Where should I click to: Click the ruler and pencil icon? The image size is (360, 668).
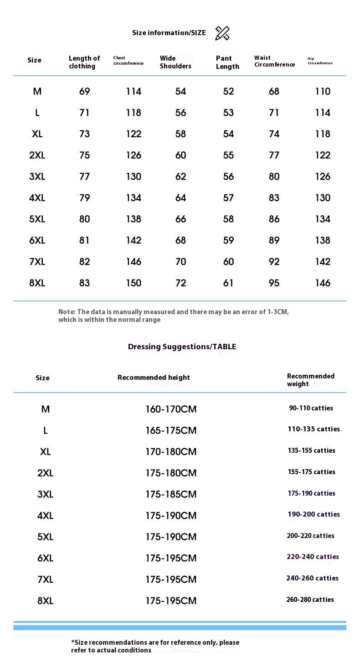coord(222,33)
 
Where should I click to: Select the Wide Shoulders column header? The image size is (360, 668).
coord(175,62)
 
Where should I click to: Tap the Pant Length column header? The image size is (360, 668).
coord(227,62)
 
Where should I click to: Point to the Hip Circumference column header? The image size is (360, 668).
coord(320,61)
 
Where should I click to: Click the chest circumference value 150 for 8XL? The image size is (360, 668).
coord(134,283)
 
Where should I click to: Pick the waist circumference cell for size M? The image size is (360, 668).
coord(274,91)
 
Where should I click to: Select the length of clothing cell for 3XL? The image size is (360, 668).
coord(84,176)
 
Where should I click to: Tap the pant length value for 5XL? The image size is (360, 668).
coord(228,219)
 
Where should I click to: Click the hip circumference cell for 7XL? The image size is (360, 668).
coord(323,261)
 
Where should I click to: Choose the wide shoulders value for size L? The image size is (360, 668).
coord(180,113)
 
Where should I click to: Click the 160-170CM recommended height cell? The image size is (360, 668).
coord(171,409)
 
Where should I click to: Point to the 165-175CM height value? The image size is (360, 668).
coord(171,430)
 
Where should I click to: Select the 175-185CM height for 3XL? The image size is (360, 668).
coord(171,494)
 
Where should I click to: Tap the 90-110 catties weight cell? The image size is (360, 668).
coord(311,408)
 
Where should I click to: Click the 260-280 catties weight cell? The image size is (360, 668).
coord(310,600)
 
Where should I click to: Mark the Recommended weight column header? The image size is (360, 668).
coord(310,380)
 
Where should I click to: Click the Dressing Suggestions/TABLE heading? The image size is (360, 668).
coord(182,347)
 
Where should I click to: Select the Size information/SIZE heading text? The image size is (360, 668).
coord(169,33)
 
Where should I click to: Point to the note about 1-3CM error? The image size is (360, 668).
coord(173,316)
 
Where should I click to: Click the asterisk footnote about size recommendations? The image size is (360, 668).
coord(155,646)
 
